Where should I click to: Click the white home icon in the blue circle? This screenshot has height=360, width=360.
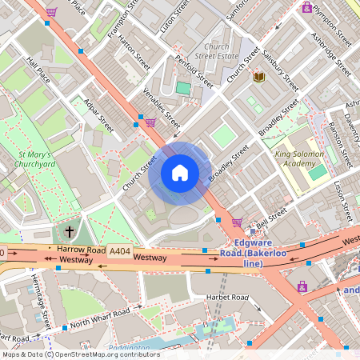point(179,173)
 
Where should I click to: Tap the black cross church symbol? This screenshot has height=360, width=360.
point(70,232)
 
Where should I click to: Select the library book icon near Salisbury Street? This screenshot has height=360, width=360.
point(258,77)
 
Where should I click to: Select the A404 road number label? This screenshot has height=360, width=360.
point(120,250)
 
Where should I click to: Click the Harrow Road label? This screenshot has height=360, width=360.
point(82,250)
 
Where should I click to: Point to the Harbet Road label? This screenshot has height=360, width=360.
point(228,299)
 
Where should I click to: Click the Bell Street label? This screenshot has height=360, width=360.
point(272,214)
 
